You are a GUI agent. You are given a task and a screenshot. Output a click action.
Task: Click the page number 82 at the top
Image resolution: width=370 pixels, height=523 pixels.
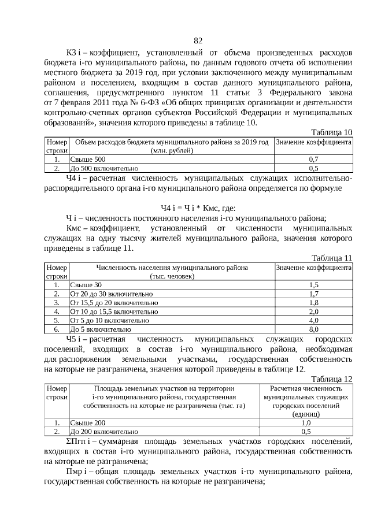(198, 40)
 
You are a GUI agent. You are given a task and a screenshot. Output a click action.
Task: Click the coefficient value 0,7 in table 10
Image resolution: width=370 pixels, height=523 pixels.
(314, 159)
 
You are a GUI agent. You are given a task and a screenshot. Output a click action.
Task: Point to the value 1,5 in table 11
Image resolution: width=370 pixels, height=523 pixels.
(314, 285)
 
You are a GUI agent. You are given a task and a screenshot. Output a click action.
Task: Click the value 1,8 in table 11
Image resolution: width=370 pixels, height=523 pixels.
(314, 302)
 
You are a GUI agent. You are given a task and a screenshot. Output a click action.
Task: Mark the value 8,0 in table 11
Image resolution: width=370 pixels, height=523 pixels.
(314, 329)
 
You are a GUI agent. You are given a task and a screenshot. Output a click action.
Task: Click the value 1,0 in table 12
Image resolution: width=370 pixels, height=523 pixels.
(306, 422)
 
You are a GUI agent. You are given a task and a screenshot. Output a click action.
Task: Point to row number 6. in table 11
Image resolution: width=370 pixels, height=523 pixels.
(57, 329)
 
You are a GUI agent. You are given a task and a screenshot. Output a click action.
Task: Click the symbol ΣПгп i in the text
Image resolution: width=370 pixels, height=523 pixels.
(79, 442)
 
